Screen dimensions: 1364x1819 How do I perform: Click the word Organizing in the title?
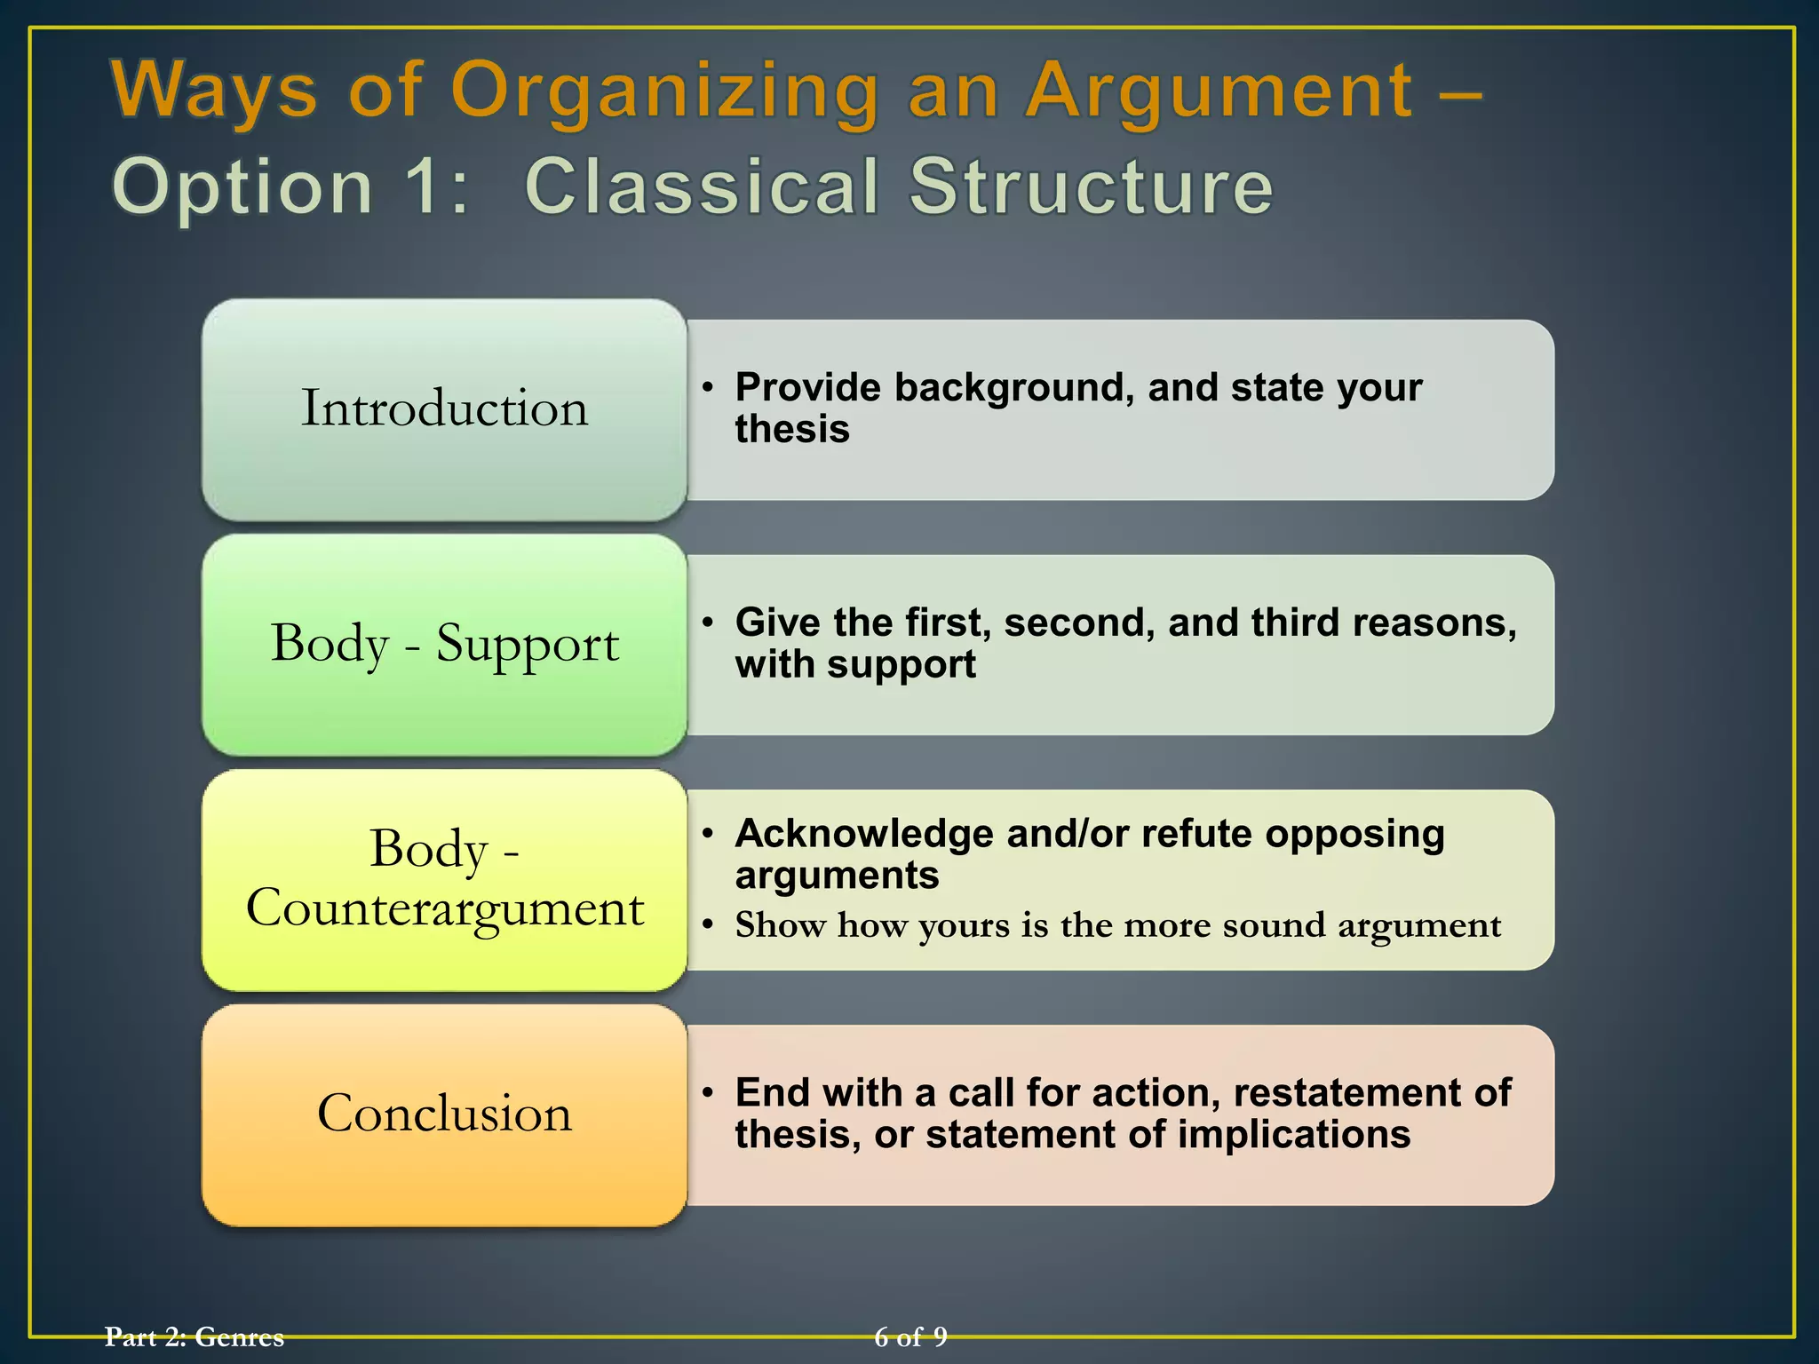tap(664, 92)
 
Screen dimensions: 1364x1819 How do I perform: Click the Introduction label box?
tap(444, 408)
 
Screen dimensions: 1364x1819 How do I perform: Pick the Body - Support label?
tap(444, 643)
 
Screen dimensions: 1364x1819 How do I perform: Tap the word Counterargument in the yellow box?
tap(444, 908)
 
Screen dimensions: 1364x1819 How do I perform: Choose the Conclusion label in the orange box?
tap(444, 1113)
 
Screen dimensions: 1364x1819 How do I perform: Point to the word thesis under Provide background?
tap(792, 430)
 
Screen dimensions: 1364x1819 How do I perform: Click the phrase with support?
tap(855, 665)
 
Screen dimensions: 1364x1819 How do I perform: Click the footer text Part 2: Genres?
tap(195, 1336)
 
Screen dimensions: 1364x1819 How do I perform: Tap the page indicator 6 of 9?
tap(910, 1336)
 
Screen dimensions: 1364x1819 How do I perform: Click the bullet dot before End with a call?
tap(707, 1093)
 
